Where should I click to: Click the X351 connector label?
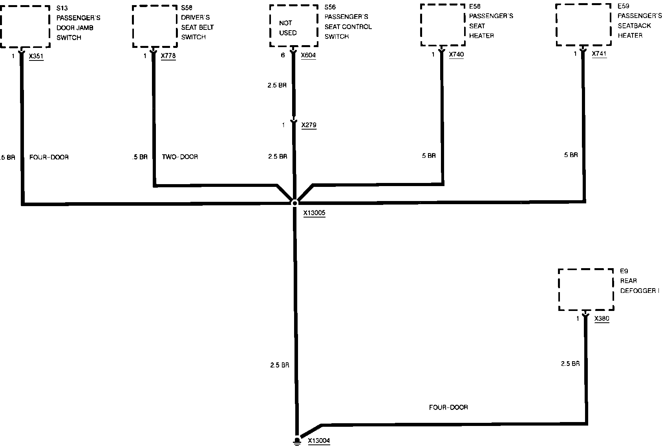(36, 56)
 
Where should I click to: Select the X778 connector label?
(168, 56)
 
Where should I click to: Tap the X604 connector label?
(308, 55)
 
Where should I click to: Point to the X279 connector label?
(309, 125)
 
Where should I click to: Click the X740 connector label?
(456, 55)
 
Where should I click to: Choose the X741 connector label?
(599, 54)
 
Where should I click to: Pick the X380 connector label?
(602, 319)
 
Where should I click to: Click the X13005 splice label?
(314, 213)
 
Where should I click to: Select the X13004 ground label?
(319, 441)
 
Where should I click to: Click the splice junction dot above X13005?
(294, 203)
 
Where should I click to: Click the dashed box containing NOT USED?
(293, 26)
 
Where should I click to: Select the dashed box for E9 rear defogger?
(585, 290)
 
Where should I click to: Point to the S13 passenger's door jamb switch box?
(25, 26)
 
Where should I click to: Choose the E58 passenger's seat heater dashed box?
(443, 25)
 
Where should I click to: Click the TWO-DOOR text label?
(180, 157)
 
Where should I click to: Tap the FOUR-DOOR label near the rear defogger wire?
(448, 408)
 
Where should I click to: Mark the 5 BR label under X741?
(571, 155)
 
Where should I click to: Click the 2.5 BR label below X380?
(570, 364)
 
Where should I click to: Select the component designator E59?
(623, 6)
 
